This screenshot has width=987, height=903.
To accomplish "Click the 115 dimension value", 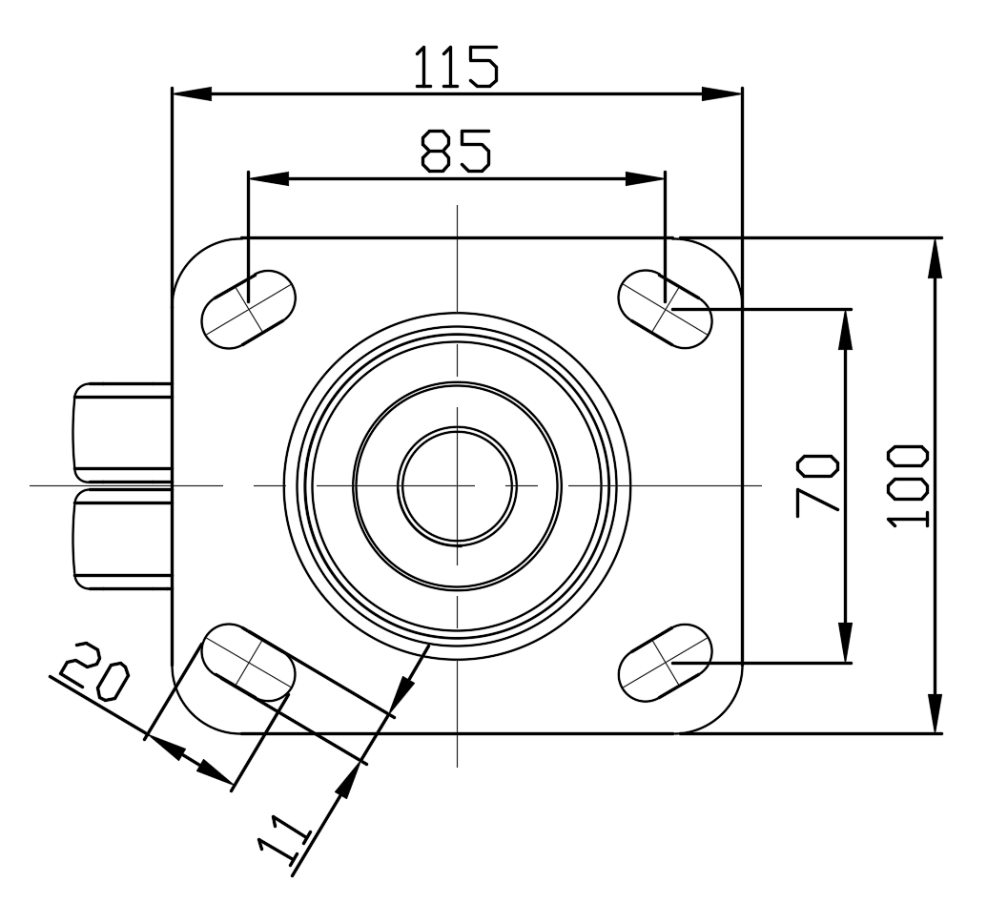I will pyautogui.click(x=455, y=65).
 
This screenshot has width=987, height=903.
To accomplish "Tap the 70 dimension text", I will pyautogui.click(x=817, y=484).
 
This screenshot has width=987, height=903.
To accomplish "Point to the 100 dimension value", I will pyautogui.click(x=907, y=484).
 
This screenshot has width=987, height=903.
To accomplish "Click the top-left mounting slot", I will pyautogui.click(x=248, y=307).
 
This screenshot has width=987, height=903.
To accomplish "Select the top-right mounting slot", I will pyautogui.click(x=666, y=307).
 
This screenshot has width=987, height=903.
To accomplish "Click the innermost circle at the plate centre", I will pyautogui.click(x=458, y=485).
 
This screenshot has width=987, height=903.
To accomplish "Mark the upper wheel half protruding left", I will pyautogui.click(x=122, y=432).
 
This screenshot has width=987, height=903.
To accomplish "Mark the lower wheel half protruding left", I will pyautogui.click(x=122, y=538).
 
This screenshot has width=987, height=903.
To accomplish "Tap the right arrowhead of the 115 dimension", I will pyautogui.click(x=722, y=93).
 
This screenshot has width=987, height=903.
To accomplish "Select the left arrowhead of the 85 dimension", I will pyautogui.click(x=268, y=178).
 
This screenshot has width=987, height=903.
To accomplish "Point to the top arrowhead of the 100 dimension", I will pyautogui.click(x=936, y=257).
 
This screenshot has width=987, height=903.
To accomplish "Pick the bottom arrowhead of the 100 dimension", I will pyautogui.click(x=936, y=713).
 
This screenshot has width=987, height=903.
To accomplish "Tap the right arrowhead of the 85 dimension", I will pyautogui.click(x=646, y=178).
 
